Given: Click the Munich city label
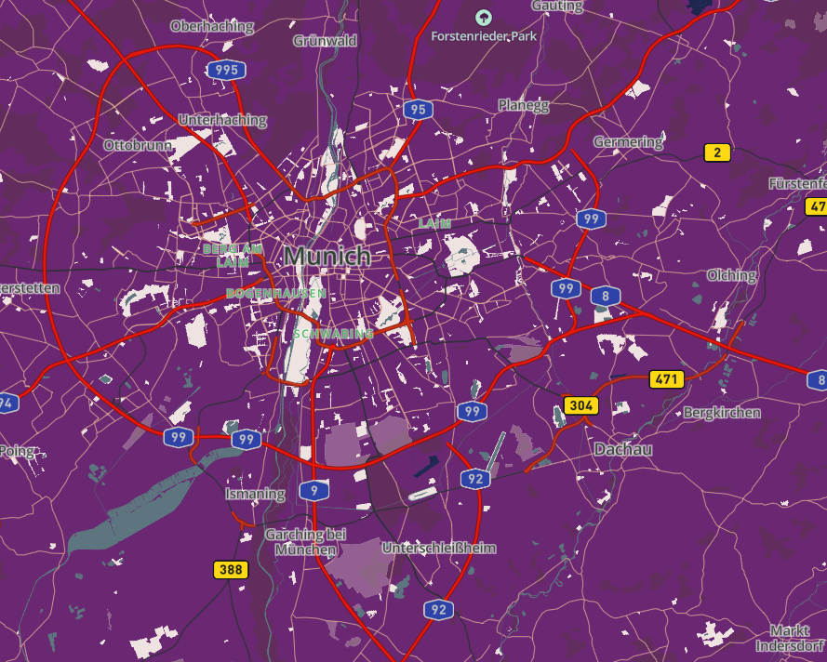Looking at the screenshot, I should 327,256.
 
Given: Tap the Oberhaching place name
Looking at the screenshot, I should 211,26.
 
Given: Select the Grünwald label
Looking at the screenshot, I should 325,41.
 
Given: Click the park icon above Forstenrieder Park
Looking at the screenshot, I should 483,17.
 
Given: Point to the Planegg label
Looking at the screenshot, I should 524,105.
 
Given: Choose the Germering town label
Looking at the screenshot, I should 629,142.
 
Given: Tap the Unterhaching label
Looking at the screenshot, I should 222,120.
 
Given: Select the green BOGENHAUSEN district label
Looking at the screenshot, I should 276,294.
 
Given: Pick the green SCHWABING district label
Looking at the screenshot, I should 333,333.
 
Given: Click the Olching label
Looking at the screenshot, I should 731,275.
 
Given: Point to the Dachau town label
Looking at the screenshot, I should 623,449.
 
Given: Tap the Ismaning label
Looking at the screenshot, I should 255,494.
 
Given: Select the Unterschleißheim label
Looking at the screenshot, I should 439,549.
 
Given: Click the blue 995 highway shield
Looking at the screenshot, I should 226,70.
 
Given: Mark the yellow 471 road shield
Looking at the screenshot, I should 666,379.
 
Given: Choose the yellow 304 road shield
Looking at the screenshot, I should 580,405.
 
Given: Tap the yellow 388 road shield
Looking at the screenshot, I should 231,569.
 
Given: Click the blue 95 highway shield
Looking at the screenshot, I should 418,111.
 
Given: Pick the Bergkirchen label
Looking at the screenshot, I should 722,412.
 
